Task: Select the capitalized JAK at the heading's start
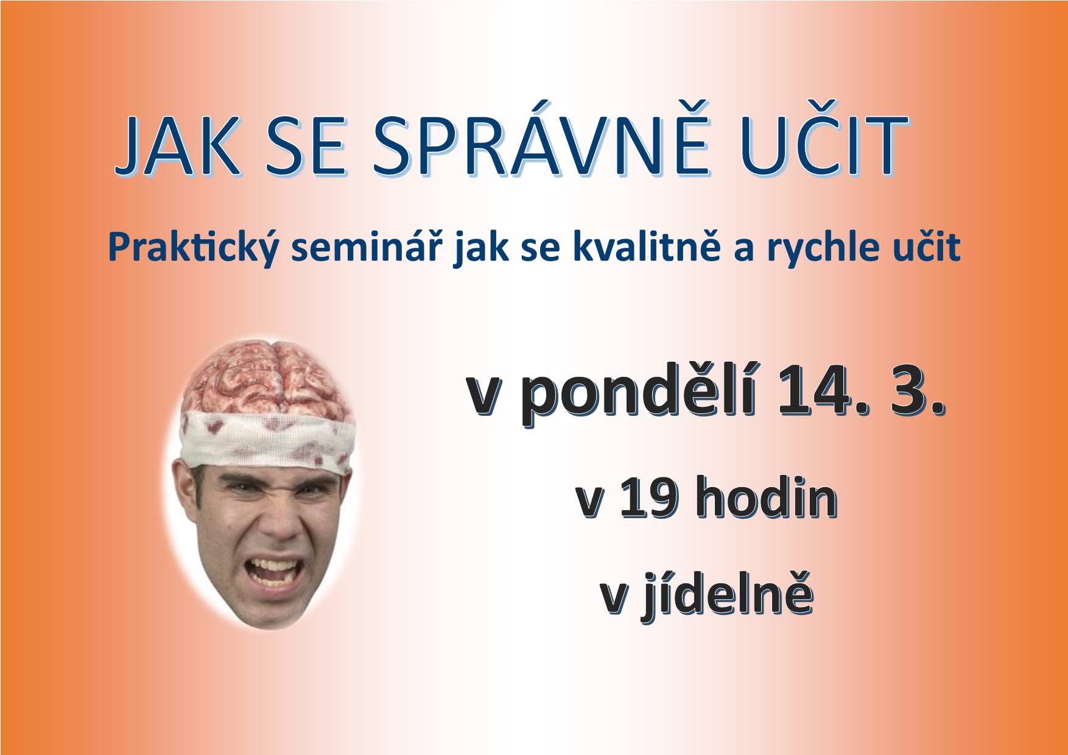click(x=177, y=146)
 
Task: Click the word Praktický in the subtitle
click(x=194, y=247)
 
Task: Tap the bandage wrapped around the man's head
click(x=268, y=438)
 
